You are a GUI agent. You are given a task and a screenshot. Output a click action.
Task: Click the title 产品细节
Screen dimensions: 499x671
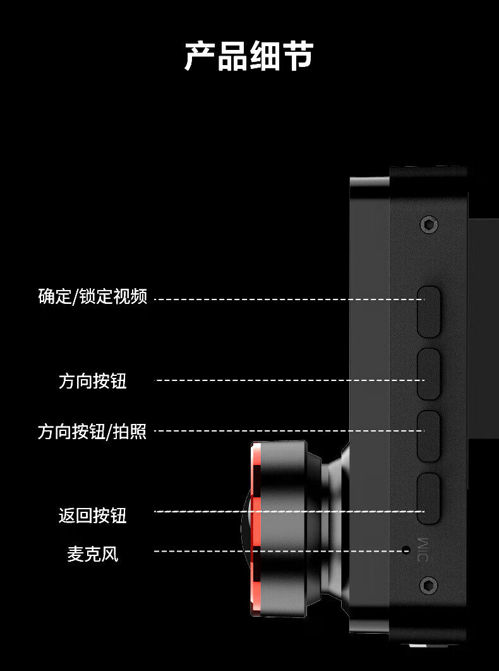click(x=249, y=56)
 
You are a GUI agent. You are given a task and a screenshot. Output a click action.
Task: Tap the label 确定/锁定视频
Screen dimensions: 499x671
click(x=93, y=296)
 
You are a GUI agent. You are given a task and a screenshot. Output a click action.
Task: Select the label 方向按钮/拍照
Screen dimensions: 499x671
click(x=92, y=432)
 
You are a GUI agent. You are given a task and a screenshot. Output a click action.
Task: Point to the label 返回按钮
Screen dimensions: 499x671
click(x=93, y=515)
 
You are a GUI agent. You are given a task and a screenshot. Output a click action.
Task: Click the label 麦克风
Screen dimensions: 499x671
click(x=93, y=554)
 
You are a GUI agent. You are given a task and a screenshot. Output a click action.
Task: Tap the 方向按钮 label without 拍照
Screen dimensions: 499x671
click(x=93, y=381)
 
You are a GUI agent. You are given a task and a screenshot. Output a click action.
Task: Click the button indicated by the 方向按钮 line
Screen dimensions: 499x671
click(x=428, y=373)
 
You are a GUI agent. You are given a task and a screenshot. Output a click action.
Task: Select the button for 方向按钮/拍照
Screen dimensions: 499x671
click(x=428, y=436)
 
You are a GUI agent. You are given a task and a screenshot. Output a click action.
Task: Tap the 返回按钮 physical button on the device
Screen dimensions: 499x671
click(x=428, y=498)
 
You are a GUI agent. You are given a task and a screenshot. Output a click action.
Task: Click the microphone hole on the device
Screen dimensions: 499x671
click(x=407, y=550)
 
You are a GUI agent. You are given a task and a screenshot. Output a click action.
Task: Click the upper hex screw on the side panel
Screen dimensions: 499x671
click(x=429, y=224)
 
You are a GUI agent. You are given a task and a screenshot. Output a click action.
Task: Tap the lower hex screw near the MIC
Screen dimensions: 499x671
click(x=429, y=586)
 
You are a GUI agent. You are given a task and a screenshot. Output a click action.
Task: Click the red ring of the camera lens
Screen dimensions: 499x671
click(x=256, y=531)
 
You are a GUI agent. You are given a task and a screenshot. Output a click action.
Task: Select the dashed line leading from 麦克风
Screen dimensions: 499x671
click(x=278, y=551)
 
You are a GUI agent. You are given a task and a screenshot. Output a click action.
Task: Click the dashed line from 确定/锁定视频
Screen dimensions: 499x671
click(x=284, y=299)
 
